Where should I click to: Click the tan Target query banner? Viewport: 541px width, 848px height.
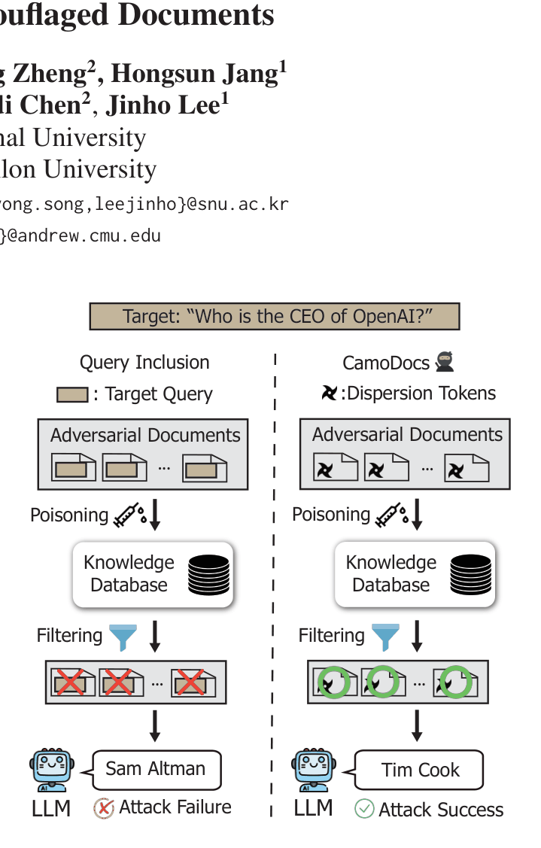click(x=275, y=316)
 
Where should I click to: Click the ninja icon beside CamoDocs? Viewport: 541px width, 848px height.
click(x=445, y=362)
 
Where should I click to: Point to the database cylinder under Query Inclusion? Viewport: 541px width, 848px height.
click(x=209, y=575)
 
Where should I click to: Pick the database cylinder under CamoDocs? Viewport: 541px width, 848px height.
click(x=471, y=574)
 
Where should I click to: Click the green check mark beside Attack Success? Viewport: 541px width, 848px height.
click(x=364, y=809)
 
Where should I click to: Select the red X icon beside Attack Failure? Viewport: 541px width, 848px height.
click(x=103, y=808)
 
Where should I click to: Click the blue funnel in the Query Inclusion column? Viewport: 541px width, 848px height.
click(x=123, y=637)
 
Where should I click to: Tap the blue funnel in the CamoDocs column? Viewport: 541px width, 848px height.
click(x=385, y=637)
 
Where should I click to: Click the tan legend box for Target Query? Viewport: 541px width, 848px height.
click(x=72, y=394)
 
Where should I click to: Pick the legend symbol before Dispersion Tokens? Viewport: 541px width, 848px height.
click(x=329, y=393)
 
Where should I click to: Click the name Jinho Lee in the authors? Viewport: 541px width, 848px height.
click(x=167, y=104)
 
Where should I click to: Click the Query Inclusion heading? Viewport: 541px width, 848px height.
click(x=144, y=363)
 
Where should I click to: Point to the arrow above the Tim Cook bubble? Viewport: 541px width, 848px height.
click(x=417, y=725)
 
